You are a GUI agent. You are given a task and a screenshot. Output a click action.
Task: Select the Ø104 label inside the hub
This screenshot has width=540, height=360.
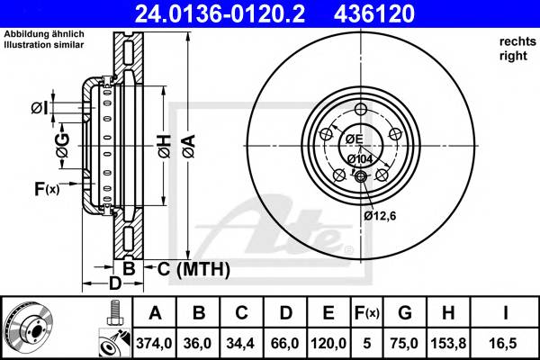[361, 159]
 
